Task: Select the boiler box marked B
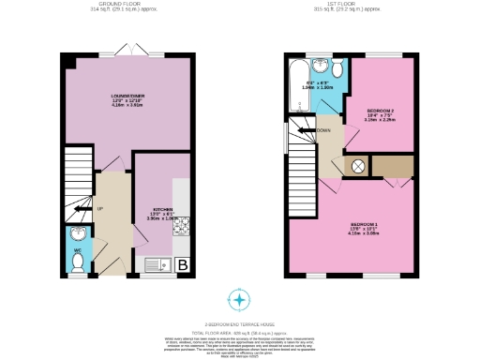click(182, 265)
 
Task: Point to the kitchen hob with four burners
click(181, 225)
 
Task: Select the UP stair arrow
click(99, 206)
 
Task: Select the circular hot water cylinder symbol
click(358, 166)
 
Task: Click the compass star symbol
click(240, 300)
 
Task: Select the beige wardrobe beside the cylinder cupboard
click(394, 166)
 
